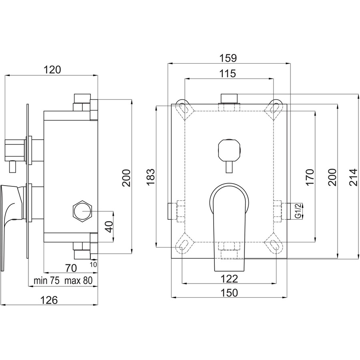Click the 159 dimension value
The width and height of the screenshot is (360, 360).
[228, 58]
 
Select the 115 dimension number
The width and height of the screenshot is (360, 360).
[228, 74]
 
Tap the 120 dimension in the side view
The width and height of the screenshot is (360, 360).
[52, 70]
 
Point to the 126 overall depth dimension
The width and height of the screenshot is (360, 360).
[49, 300]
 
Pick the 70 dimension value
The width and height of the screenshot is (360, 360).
[71, 268]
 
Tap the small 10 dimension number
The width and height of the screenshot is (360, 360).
[93, 264]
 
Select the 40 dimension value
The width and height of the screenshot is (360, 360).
[109, 227]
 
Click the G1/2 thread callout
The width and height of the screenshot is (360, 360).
[298, 212]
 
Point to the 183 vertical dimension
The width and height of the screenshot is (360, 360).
[151, 177]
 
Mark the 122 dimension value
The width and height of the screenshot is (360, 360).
[229, 279]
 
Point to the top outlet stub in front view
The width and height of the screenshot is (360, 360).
[229, 98]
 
